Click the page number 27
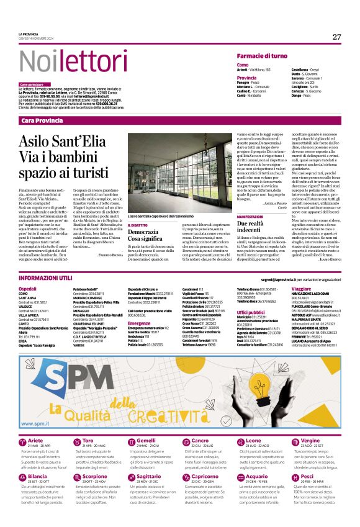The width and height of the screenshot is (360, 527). point(336,37)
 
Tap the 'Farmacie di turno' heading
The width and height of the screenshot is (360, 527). point(262,56)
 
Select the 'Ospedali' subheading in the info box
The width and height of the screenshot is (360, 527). point(27,289)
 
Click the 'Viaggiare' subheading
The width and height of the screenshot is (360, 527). point(301,289)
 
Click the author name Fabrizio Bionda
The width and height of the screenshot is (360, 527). point(110,254)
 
